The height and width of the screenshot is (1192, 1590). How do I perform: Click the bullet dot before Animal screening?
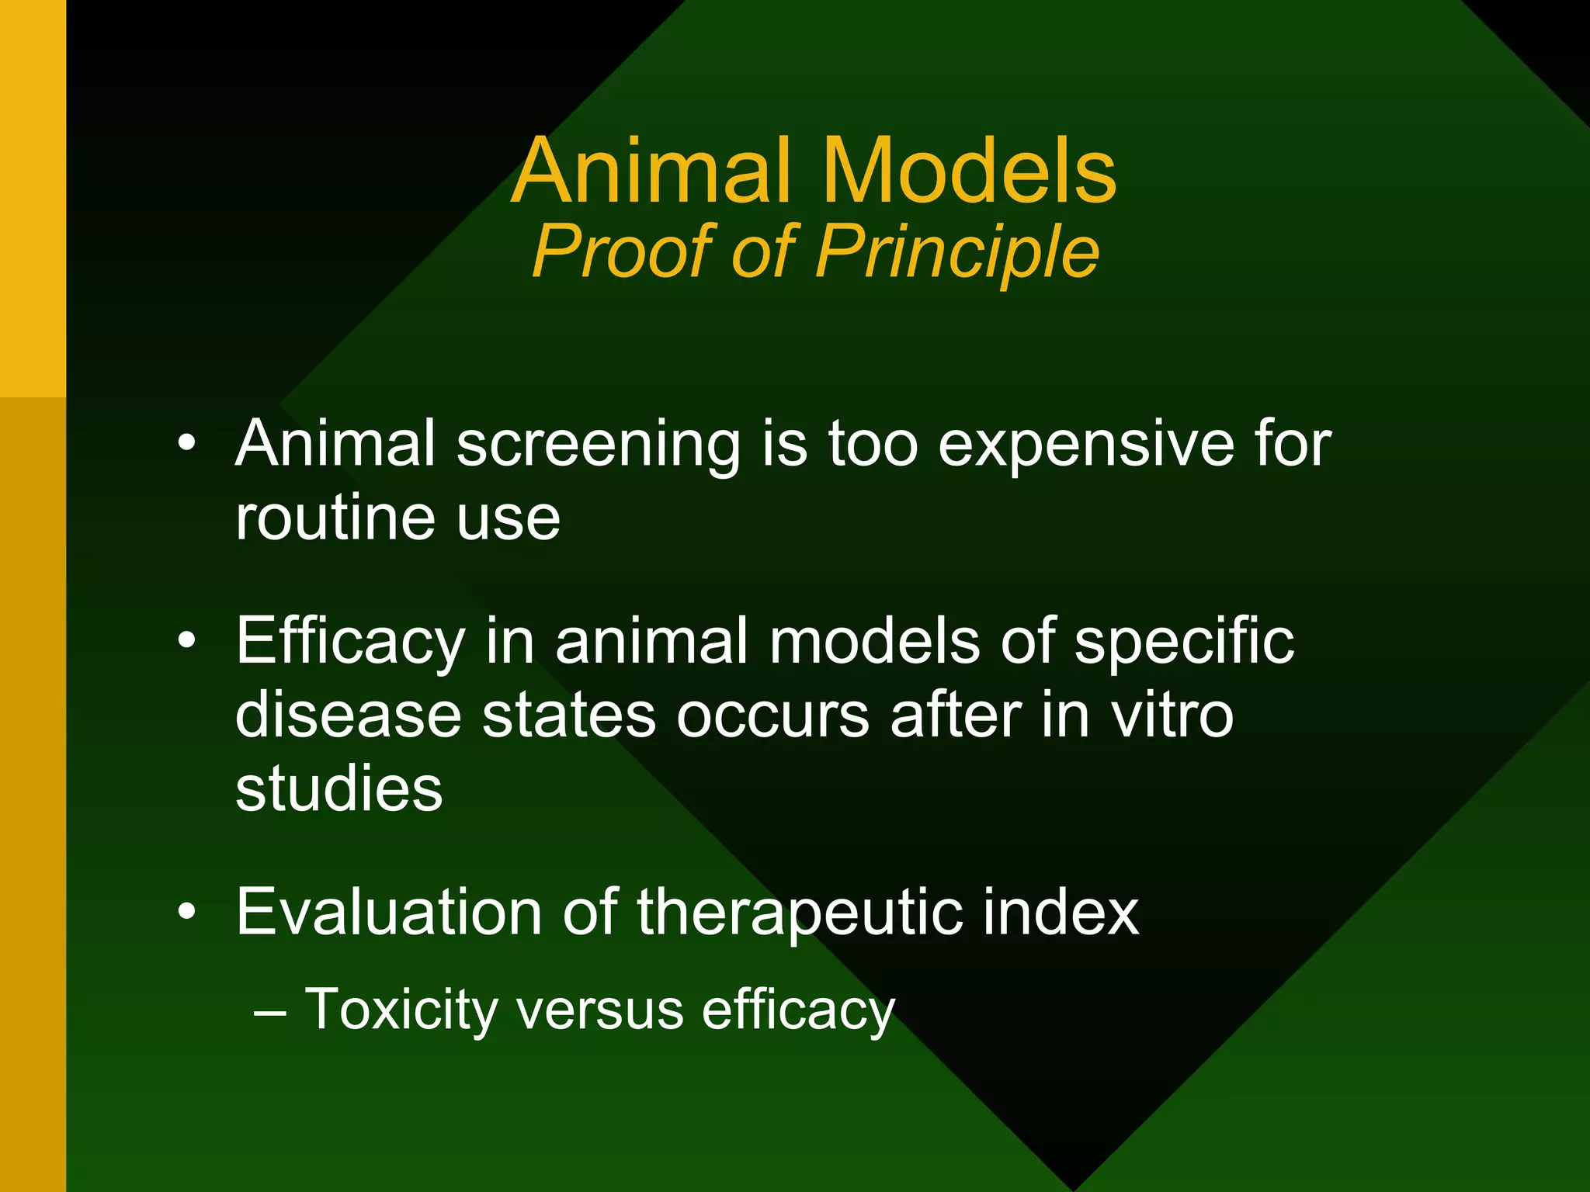coord(186,445)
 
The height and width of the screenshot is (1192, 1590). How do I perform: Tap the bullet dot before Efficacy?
coord(186,642)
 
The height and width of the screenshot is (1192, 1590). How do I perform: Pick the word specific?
coord(1185,643)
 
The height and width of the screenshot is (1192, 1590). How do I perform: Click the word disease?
coord(349,715)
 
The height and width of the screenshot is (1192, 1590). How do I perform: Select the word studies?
coord(339,788)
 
